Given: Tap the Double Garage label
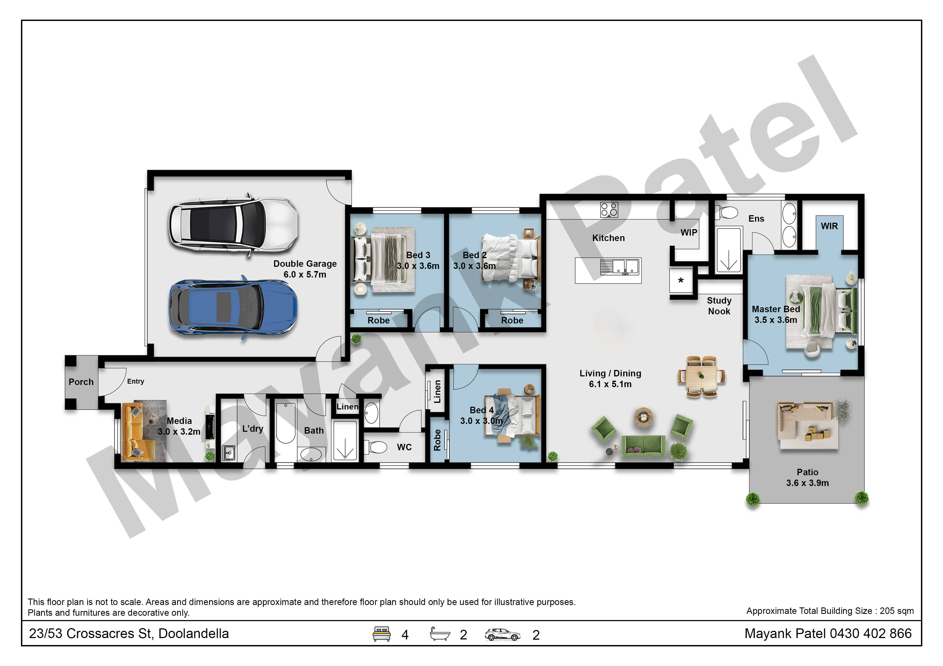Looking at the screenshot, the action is click(305, 269).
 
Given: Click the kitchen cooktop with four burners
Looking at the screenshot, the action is click(609, 210).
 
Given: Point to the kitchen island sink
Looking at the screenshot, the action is click(620, 267).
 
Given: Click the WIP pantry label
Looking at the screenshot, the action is click(689, 233).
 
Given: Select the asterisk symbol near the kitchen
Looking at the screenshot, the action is click(681, 281).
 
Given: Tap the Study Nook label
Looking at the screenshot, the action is click(719, 306).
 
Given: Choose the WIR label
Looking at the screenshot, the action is click(829, 226).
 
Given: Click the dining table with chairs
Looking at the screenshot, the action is click(702, 376).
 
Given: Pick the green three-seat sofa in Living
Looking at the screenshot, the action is click(643, 446).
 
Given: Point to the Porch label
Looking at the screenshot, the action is click(81, 382).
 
